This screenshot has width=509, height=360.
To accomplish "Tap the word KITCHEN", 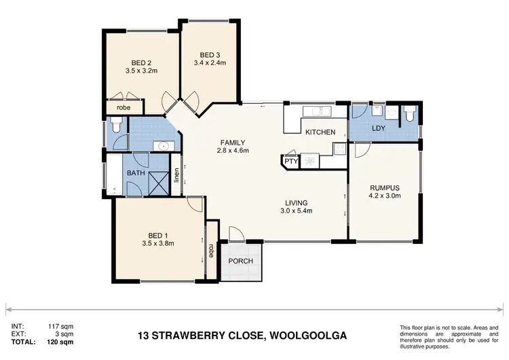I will click(320, 132).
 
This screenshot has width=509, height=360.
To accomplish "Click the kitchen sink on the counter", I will click(316, 110).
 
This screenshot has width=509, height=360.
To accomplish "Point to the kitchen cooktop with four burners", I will click(309, 161).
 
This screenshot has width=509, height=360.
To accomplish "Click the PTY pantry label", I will click(290, 162).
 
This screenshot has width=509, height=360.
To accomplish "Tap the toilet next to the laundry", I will click(409, 115).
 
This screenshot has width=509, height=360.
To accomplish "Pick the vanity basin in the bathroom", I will click(162, 145).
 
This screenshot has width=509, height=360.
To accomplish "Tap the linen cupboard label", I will click(176, 176).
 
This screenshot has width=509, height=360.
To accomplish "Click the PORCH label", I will click(241, 262).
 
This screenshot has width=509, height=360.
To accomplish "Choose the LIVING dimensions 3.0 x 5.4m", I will click(297, 211).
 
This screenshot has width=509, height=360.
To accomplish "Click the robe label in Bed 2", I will click(124, 108).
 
